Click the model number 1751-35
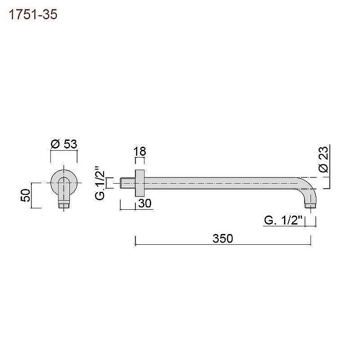pyautogui.click(x=33, y=15)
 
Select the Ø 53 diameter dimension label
pyautogui.click(x=64, y=144)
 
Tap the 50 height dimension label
pyautogui.click(x=26, y=195)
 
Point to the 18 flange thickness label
pyautogui.click(x=140, y=151)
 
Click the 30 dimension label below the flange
pyautogui.click(x=145, y=203)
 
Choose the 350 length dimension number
pyautogui.click(x=223, y=238)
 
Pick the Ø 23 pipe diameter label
pyautogui.click(x=324, y=159)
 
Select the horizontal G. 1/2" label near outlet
pyautogui.click(x=283, y=220)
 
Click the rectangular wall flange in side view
pyautogui.click(x=140, y=183)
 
